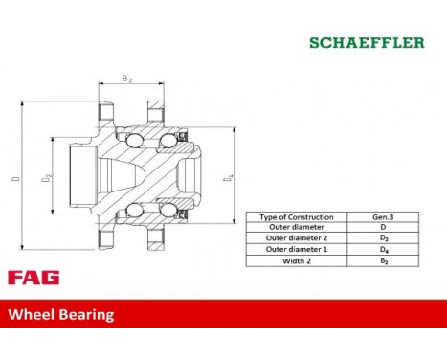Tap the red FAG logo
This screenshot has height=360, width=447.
click(x=34, y=278)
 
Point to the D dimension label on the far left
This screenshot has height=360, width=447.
click(x=14, y=177)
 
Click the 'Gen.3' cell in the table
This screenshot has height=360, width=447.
click(x=383, y=217)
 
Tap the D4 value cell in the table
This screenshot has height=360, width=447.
click(x=383, y=249)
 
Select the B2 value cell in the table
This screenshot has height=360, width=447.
click(x=383, y=259)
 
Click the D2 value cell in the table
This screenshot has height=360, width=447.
click(x=383, y=238)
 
